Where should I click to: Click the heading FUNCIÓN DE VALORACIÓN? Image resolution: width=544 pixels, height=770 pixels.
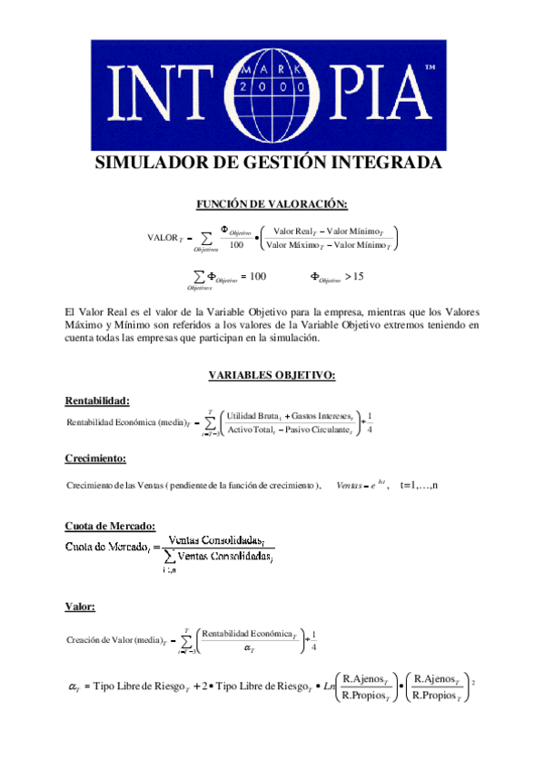click(272, 204)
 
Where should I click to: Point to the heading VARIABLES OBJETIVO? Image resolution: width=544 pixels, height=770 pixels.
click(272, 374)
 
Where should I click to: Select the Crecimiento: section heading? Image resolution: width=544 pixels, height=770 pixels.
click(95, 458)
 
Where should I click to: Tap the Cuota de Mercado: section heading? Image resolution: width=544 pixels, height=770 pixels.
click(111, 527)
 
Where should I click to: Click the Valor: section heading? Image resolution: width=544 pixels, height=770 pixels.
click(80, 606)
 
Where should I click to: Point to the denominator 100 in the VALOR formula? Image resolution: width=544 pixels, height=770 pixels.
click(236, 244)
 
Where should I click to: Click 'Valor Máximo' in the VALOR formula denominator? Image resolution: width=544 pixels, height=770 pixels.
click(294, 245)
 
